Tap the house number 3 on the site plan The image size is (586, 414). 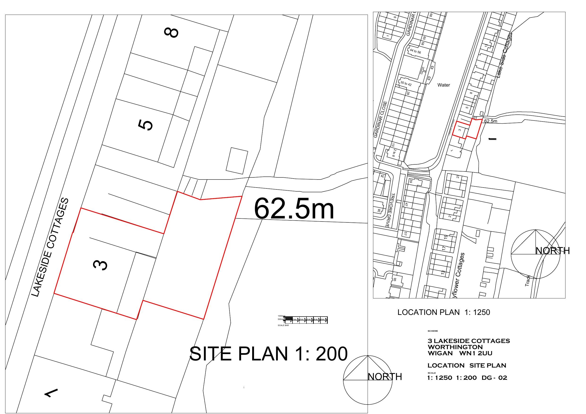[x=100, y=265]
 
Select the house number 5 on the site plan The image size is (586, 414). [x=145, y=125]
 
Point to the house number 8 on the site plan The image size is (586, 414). [x=171, y=33]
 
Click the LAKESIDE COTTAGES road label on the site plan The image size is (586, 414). [x=50, y=247]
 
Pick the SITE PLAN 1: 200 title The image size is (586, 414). [x=268, y=354]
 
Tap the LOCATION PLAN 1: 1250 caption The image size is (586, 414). [x=444, y=312]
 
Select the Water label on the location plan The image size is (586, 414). [x=444, y=85]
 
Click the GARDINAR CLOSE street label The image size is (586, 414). [x=380, y=120]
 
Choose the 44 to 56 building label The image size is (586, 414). [x=415, y=51]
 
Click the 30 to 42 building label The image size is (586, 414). [x=406, y=84]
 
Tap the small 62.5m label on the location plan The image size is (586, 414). [x=491, y=121]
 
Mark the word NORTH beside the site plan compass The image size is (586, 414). [x=385, y=376]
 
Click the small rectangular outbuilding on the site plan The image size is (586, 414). [x=237, y=161]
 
